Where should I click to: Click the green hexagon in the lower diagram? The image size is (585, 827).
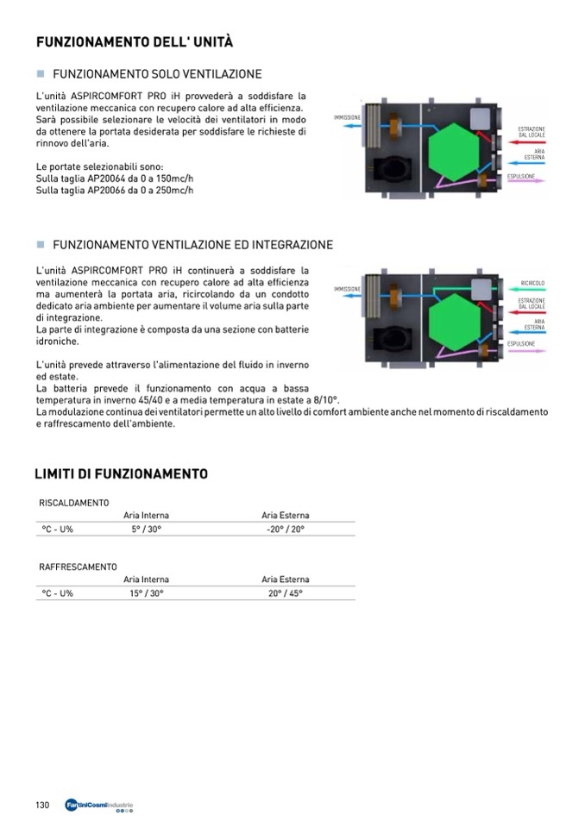[455, 313]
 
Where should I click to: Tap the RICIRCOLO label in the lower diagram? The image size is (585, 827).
[532, 283]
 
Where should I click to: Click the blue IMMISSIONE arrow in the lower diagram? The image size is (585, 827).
[349, 298]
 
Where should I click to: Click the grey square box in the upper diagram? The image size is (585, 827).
[479, 118]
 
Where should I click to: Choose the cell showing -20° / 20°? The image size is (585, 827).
[286, 529]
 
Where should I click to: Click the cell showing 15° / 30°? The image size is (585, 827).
[147, 593]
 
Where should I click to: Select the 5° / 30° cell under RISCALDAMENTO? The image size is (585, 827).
[147, 529]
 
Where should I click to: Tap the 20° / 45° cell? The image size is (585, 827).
[286, 593]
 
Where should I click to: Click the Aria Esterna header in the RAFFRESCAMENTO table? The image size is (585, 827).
[286, 580]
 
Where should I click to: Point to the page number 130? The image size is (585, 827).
[42, 805]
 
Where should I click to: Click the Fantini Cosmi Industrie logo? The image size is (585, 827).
[99, 806]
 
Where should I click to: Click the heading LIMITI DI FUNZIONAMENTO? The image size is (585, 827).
[121, 474]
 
